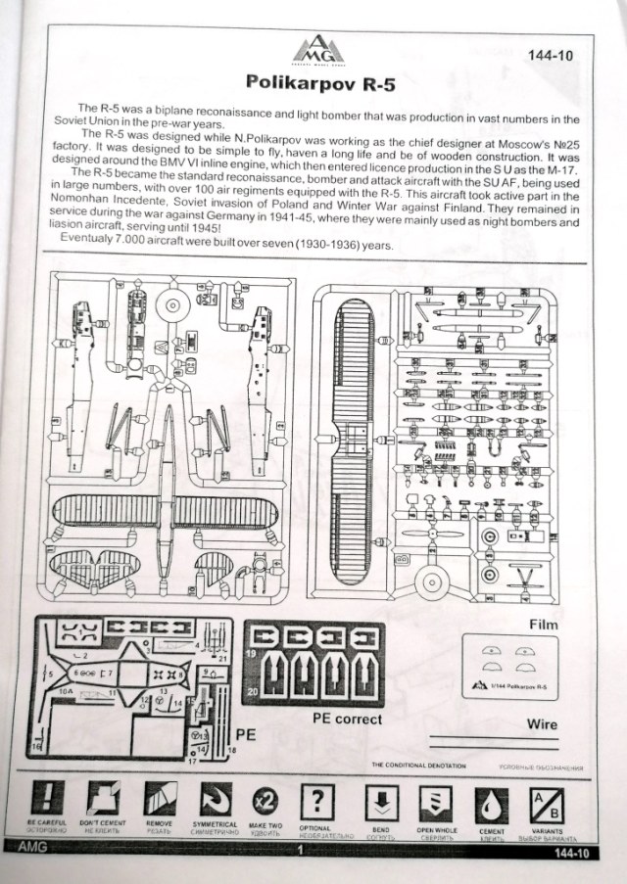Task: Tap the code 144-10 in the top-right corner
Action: (x=553, y=56)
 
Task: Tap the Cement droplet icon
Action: (x=492, y=801)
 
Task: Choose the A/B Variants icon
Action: (x=546, y=800)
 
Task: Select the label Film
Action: (x=546, y=623)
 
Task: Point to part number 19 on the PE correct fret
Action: (x=252, y=653)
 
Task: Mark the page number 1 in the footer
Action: (x=298, y=852)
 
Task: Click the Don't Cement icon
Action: (x=102, y=799)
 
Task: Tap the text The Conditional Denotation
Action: (x=418, y=765)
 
